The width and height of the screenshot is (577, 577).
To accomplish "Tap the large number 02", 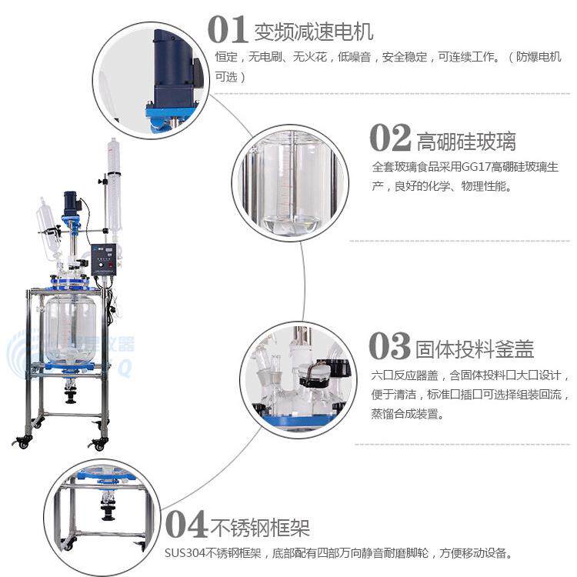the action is (390, 139).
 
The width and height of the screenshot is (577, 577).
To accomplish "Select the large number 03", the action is (389, 346).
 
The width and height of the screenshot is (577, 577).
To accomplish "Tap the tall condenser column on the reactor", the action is (115, 185).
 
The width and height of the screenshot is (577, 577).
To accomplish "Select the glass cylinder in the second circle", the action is (292, 185).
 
